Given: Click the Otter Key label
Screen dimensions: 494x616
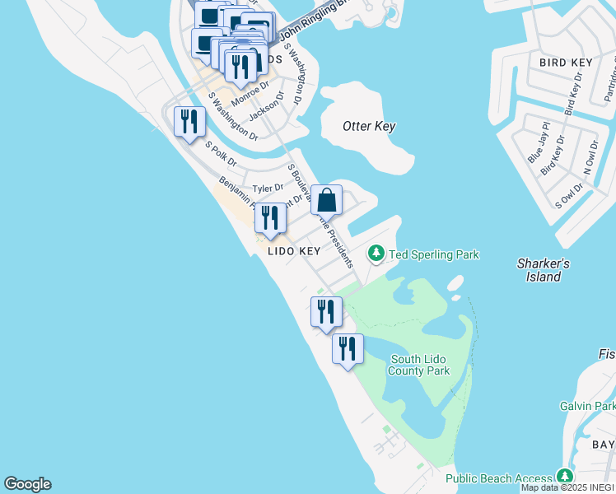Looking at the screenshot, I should [x=369, y=126].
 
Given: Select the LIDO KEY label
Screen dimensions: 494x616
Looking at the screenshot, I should [x=294, y=251].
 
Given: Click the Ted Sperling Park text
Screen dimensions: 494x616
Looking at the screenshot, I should [x=433, y=254].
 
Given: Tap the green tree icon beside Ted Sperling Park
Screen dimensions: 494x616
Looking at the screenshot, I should [x=376, y=253].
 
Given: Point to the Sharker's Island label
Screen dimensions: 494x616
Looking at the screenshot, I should [x=544, y=270].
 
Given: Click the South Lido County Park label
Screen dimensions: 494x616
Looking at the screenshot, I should [x=420, y=365].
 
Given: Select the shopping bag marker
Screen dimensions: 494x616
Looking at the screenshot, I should [x=326, y=200].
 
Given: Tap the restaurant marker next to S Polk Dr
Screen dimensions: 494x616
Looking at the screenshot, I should [x=190, y=122].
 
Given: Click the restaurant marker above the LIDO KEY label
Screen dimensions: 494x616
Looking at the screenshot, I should [x=270, y=218].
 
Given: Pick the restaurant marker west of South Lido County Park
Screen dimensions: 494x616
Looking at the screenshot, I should [x=348, y=348].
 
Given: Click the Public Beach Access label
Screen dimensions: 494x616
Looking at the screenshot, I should [x=499, y=478].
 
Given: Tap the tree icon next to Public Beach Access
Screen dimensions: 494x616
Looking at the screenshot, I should [x=564, y=477].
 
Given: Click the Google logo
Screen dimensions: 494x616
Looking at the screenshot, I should [x=27, y=484].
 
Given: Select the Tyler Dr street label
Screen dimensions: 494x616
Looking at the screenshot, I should [x=268, y=189].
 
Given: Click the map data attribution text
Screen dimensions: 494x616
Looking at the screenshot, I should [x=567, y=487].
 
